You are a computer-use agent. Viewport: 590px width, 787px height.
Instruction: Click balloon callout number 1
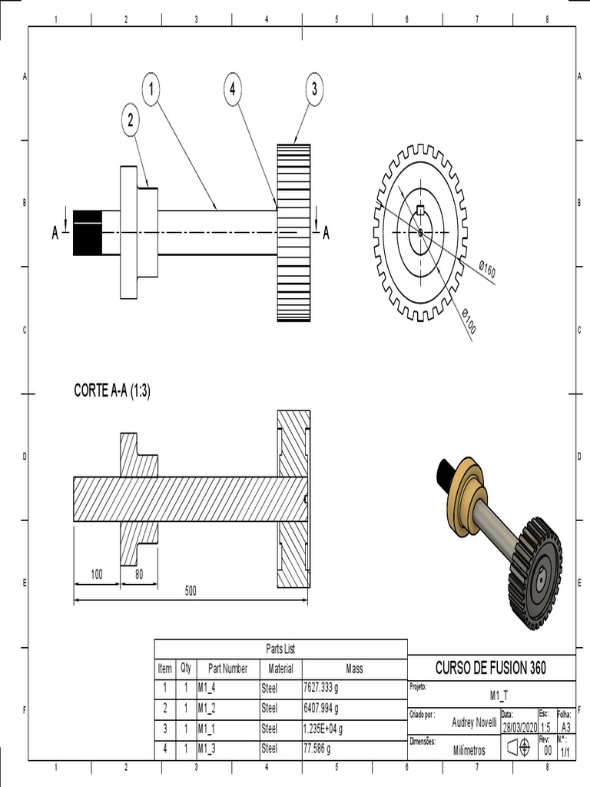pos(151,90)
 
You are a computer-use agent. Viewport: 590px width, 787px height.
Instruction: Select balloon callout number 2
pos(131,120)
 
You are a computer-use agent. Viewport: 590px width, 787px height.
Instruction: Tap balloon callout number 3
pos(314,89)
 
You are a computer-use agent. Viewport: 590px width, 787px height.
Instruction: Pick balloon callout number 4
pos(232,89)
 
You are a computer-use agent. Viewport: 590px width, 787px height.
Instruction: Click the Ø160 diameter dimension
pos(486,270)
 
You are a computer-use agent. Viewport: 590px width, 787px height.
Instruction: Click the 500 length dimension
pos(191,591)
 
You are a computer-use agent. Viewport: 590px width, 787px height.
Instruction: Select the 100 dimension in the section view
pos(97,574)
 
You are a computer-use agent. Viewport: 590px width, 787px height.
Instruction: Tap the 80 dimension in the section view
pos(139,574)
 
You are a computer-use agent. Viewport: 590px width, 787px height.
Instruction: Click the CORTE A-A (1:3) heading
pos(112,390)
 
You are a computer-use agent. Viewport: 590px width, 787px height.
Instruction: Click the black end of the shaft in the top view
pos(88,232)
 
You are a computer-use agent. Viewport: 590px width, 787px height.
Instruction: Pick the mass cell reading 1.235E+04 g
pos(323,728)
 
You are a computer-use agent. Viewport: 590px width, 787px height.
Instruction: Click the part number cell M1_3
pos(207,748)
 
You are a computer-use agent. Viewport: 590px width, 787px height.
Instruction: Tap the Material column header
pos(280,669)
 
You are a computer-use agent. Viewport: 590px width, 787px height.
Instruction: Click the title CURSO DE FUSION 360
pos(490,668)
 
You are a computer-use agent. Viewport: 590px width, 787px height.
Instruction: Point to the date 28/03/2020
pos(518,728)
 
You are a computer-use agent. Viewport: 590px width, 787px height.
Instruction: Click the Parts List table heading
pos(280,649)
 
